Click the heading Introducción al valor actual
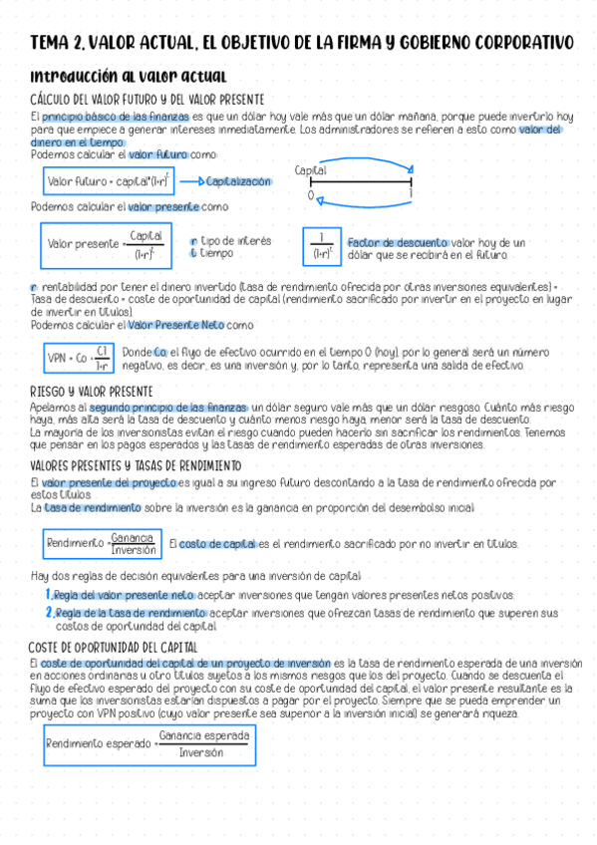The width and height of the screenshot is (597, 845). (x=130, y=77)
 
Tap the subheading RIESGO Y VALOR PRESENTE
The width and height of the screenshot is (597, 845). (x=91, y=391)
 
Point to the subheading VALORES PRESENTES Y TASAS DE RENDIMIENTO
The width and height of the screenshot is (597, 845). (x=136, y=466)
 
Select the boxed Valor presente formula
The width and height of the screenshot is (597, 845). (x=108, y=242)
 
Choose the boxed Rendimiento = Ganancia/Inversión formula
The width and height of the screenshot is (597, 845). (x=102, y=544)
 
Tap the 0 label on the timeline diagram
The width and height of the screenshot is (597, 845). (x=310, y=196)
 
